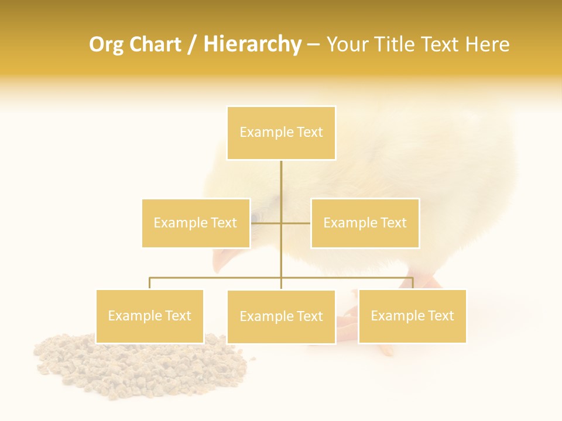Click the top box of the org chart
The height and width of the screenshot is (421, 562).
pyautogui.click(x=281, y=133)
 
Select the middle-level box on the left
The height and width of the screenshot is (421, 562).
pyautogui.click(x=196, y=223)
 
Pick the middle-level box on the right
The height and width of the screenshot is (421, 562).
pyautogui.click(x=365, y=223)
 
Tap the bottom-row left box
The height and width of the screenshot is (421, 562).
pyautogui.click(x=149, y=316)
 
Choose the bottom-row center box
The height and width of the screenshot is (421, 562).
pyautogui.click(x=281, y=316)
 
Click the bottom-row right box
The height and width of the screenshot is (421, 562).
pyautogui.click(x=412, y=316)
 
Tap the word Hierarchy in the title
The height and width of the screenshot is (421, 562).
pyautogui.click(x=252, y=44)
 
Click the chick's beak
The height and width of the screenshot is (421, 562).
pyautogui.click(x=221, y=261)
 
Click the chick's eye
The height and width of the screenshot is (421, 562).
pyautogui.click(x=255, y=218)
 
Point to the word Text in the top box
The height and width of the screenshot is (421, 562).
pyautogui.click(x=310, y=133)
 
